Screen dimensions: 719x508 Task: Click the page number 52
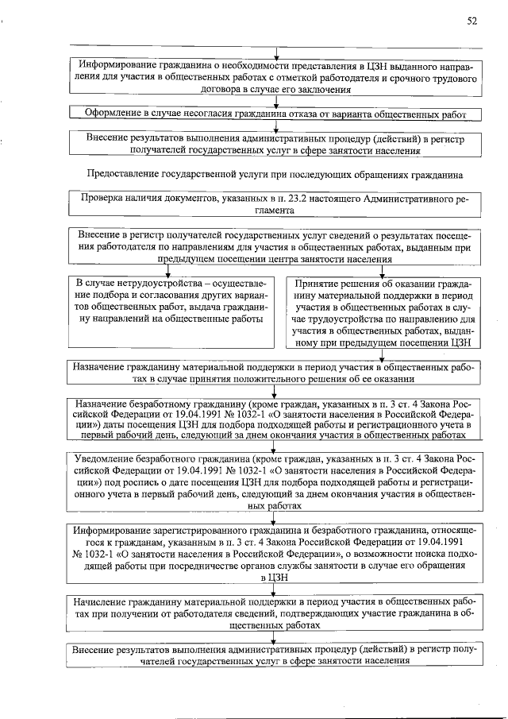coord(471,21)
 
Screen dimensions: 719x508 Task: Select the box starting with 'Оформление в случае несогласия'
coord(275,114)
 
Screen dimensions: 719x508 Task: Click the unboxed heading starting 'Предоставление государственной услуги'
coord(275,173)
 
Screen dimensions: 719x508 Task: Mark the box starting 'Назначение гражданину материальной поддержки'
coord(275,373)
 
